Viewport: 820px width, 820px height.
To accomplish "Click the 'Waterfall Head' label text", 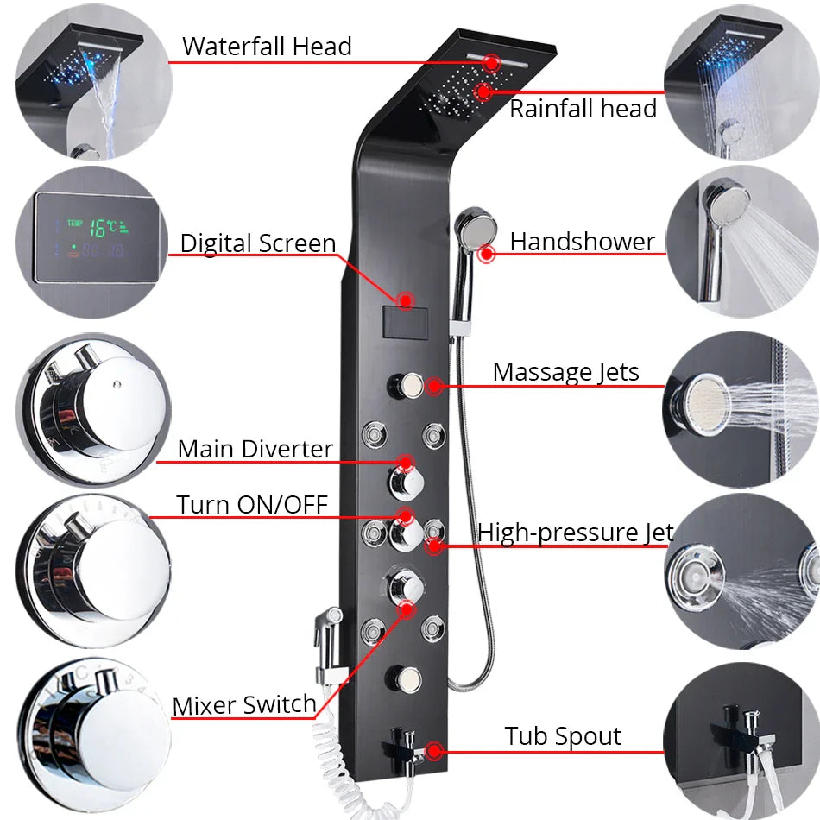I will pyautogui.click(x=267, y=46).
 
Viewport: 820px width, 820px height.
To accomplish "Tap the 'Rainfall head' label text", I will pyautogui.click(x=583, y=109).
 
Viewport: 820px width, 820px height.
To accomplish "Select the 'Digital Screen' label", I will pyautogui.click(x=257, y=243).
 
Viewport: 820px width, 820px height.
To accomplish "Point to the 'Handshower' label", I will pyautogui.click(x=582, y=242).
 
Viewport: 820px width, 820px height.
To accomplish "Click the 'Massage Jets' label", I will pyautogui.click(x=565, y=372).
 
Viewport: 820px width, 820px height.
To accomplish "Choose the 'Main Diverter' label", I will pyautogui.click(x=255, y=449).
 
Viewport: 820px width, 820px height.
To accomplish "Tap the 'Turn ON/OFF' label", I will pyautogui.click(x=252, y=504).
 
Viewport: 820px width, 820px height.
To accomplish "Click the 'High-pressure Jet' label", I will pyautogui.click(x=575, y=533).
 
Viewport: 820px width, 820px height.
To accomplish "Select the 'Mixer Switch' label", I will pyautogui.click(x=244, y=705).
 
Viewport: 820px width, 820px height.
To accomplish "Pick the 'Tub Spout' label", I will pyautogui.click(x=563, y=736).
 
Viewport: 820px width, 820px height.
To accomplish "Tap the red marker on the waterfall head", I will pyautogui.click(x=491, y=62).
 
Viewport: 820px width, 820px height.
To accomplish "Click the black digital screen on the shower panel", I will pyautogui.click(x=405, y=324).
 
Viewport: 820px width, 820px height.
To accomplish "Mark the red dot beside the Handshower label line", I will pyautogui.click(x=489, y=254).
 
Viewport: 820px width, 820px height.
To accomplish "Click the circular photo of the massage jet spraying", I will pyautogui.click(x=742, y=401).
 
